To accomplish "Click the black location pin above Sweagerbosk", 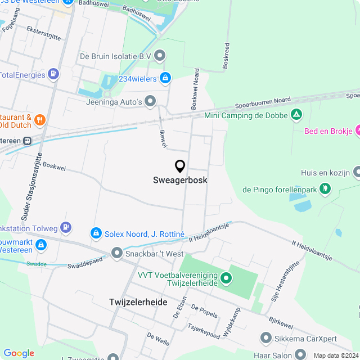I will click(x=180, y=166).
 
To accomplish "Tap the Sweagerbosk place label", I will click(x=180, y=181).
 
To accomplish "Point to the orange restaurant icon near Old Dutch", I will click(x=39, y=119).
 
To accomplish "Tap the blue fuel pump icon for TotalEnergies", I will click(x=53, y=74).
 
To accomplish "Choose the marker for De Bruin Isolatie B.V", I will click(x=160, y=56).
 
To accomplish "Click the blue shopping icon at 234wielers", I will click(x=165, y=78).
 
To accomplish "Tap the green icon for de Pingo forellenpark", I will click(x=325, y=190).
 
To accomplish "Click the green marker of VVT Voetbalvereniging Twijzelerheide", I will click(x=226, y=277).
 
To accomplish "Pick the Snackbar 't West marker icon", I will click(x=116, y=254).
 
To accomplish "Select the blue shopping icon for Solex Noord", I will click(x=96, y=232).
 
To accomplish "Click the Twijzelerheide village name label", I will click(x=138, y=302).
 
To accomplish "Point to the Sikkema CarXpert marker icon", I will click(x=266, y=337).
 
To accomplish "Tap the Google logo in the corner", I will click(x=19, y=353).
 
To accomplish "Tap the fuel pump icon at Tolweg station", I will click(x=66, y=227).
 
